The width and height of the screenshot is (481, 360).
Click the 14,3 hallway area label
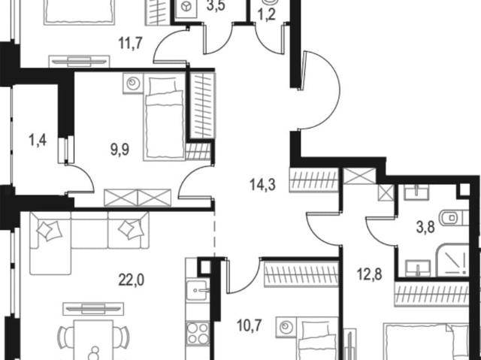click(x=263, y=185)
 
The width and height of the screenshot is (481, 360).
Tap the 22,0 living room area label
click(x=132, y=280)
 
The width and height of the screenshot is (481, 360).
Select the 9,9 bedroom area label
click(x=120, y=150)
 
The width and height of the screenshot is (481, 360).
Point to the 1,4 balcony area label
click(x=38, y=141)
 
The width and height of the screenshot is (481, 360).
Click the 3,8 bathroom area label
click(x=425, y=228)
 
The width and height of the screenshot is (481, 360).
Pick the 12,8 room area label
click(x=370, y=274)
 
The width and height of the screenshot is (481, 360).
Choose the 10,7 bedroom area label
click(x=250, y=325)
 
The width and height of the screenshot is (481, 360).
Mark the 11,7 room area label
click(x=130, y=43)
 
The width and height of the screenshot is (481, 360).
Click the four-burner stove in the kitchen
click(x=198, y=333)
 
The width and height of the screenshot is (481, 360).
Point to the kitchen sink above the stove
click(x=197, y=290)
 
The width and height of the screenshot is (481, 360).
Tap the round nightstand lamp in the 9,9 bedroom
click(x=133, y=83)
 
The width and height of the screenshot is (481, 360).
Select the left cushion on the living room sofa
click(x=49, y=229)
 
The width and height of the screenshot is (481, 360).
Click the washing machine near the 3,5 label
click(x=186, y=8)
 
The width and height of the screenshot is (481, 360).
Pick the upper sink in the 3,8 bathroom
click(x=416, y=192)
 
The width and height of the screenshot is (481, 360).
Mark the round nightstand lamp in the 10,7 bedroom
click(x=286, y=327)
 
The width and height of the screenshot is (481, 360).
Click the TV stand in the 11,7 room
click(x=79, y=62)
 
